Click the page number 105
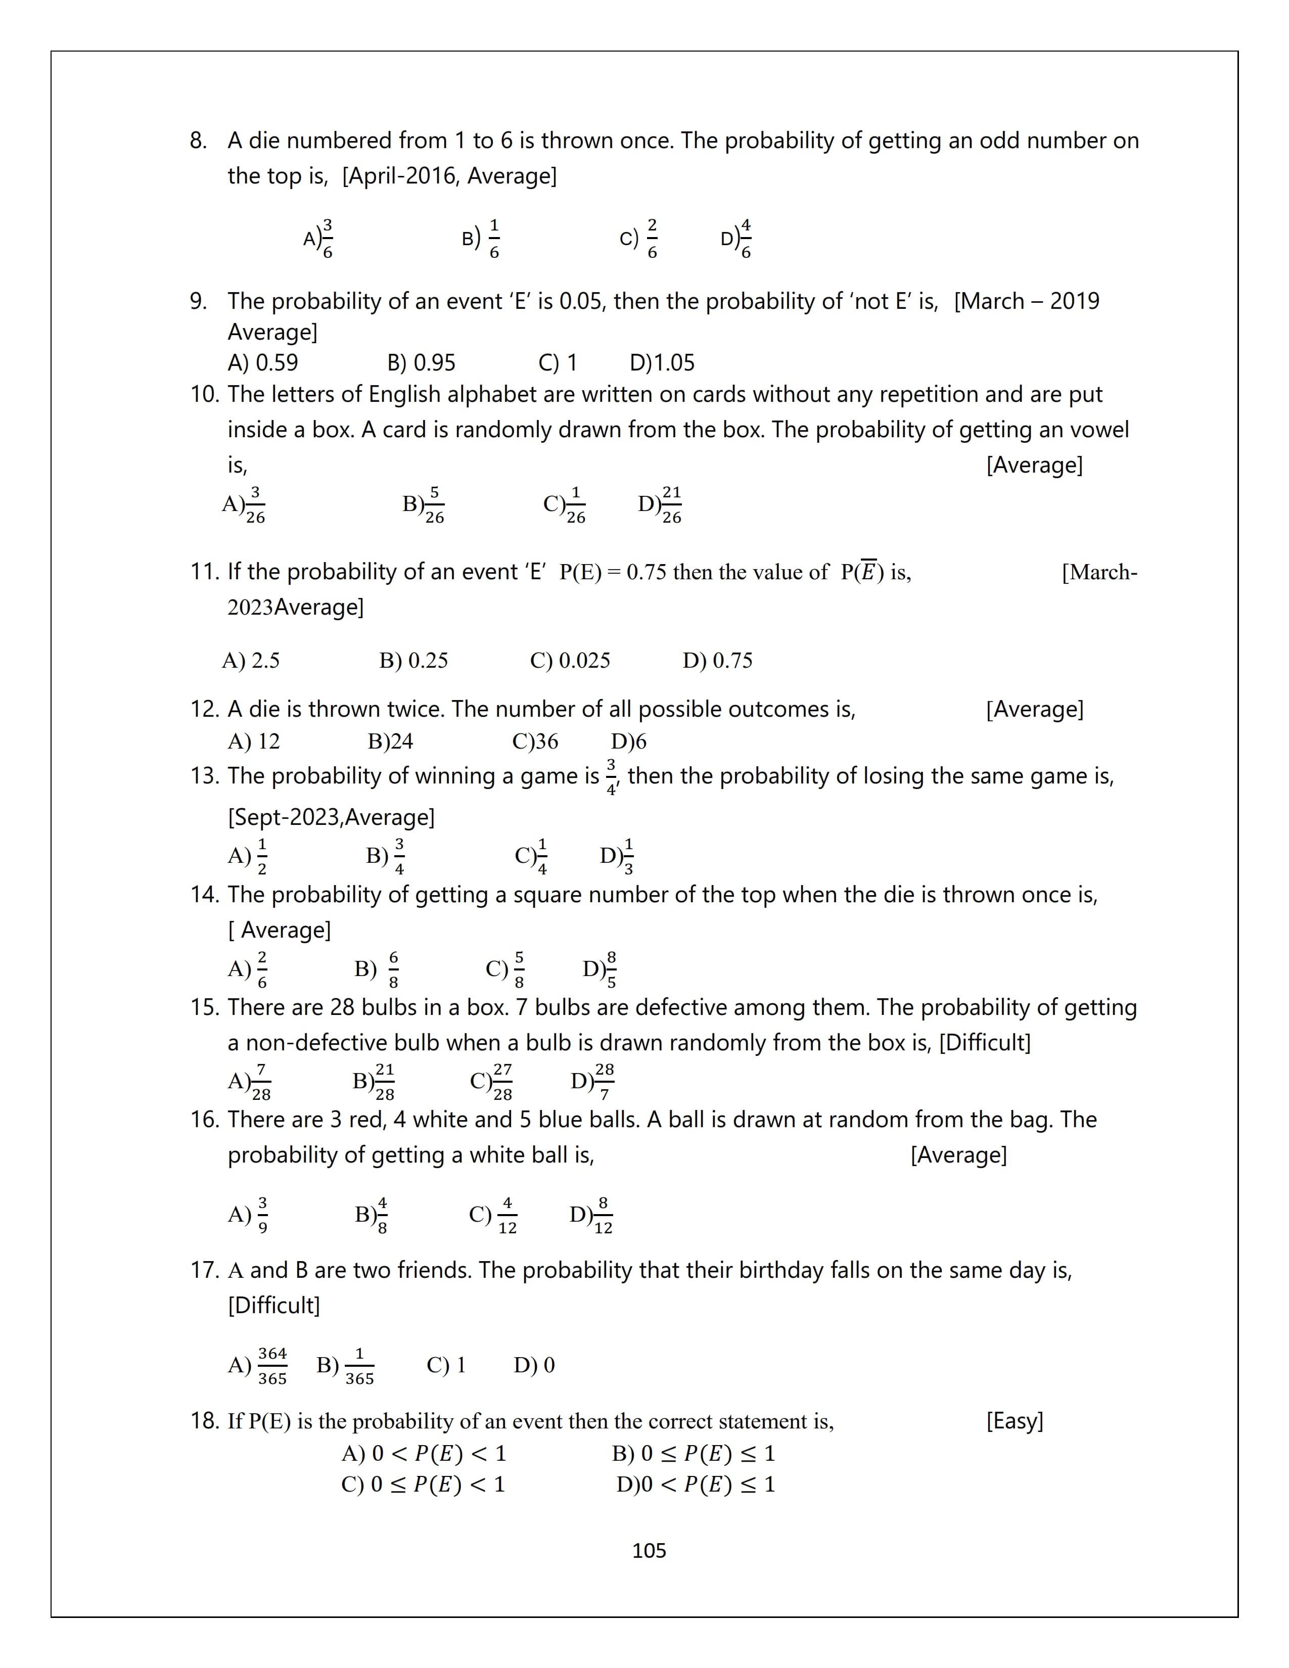click(x=649, y=1550)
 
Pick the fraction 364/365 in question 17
click(x=272, y=1366)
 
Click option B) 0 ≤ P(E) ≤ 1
click(x=694, y=1453)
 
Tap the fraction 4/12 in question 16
click(x=507, y=1215)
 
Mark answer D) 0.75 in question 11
click(x=717, y=661)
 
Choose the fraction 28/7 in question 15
click(x=604, y=1082)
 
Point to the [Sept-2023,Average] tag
click(x=331, y=817)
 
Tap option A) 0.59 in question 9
click(x=263, y=363)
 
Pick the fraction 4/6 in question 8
click(x=745, y=239)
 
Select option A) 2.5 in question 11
click(x=250, y=661)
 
